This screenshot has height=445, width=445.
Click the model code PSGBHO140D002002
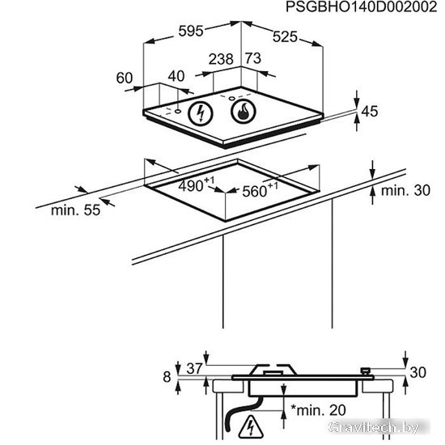click(x=361, y=6)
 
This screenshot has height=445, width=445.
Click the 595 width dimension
click(x=191, y=31)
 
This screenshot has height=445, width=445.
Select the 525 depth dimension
click(x=285, y=37)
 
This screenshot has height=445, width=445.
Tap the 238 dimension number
click(x=221, y=59)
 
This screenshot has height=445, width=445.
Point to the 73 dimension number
click(x=253, y=58)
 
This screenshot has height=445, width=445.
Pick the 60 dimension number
click(x=125, y=78)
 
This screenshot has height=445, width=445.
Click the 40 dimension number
click(x=176, y=76)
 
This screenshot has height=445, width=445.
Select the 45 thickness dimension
click(x=370, y=112)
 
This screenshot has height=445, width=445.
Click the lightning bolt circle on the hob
click(x=201, y=113)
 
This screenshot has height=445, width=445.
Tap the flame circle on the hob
click(x=244, y=111)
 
